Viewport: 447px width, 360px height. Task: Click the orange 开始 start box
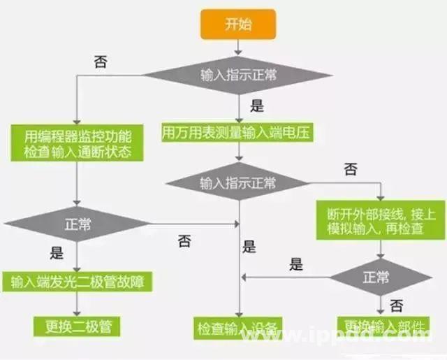click(x=237, y=24)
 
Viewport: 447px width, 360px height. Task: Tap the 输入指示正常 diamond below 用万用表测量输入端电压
click(x=237, y=184)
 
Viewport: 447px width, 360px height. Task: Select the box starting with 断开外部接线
click(x=380, y=220)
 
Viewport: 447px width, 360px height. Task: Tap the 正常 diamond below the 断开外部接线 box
click(x=380, y=278)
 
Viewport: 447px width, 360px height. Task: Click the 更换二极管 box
click(x=77, y=325)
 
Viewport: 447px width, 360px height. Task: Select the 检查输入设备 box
click(x=237, y=326)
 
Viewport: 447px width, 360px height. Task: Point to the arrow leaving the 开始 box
click(x=237, y=46)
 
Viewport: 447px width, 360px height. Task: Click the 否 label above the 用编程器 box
click(x=100, y=62)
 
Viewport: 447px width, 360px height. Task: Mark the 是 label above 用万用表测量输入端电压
click(x=257, y=106)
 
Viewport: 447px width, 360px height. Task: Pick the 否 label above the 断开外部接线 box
click(x=351, y=169)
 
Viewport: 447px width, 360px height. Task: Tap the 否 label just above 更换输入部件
click(x=396, y=305)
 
